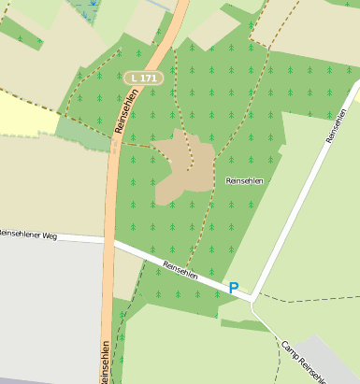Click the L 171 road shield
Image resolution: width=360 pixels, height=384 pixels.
pos(143,78)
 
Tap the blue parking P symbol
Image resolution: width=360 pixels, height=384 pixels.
pos(233,288)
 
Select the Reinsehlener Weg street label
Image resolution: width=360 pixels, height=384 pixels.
pos(29,235)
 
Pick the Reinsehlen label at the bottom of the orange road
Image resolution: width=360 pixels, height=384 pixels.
pos(104,363)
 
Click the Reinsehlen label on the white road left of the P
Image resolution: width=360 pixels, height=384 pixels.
pos(180,269)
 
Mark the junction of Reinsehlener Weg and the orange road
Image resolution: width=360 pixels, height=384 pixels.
pos(108,241)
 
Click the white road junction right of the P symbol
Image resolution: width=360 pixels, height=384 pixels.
pos(253,299)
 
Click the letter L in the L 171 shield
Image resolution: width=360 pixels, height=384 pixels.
pos(136,78)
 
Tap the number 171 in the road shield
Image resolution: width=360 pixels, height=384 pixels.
pos(148,78)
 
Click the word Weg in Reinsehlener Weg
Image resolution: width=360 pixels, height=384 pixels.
pos(50,236)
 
